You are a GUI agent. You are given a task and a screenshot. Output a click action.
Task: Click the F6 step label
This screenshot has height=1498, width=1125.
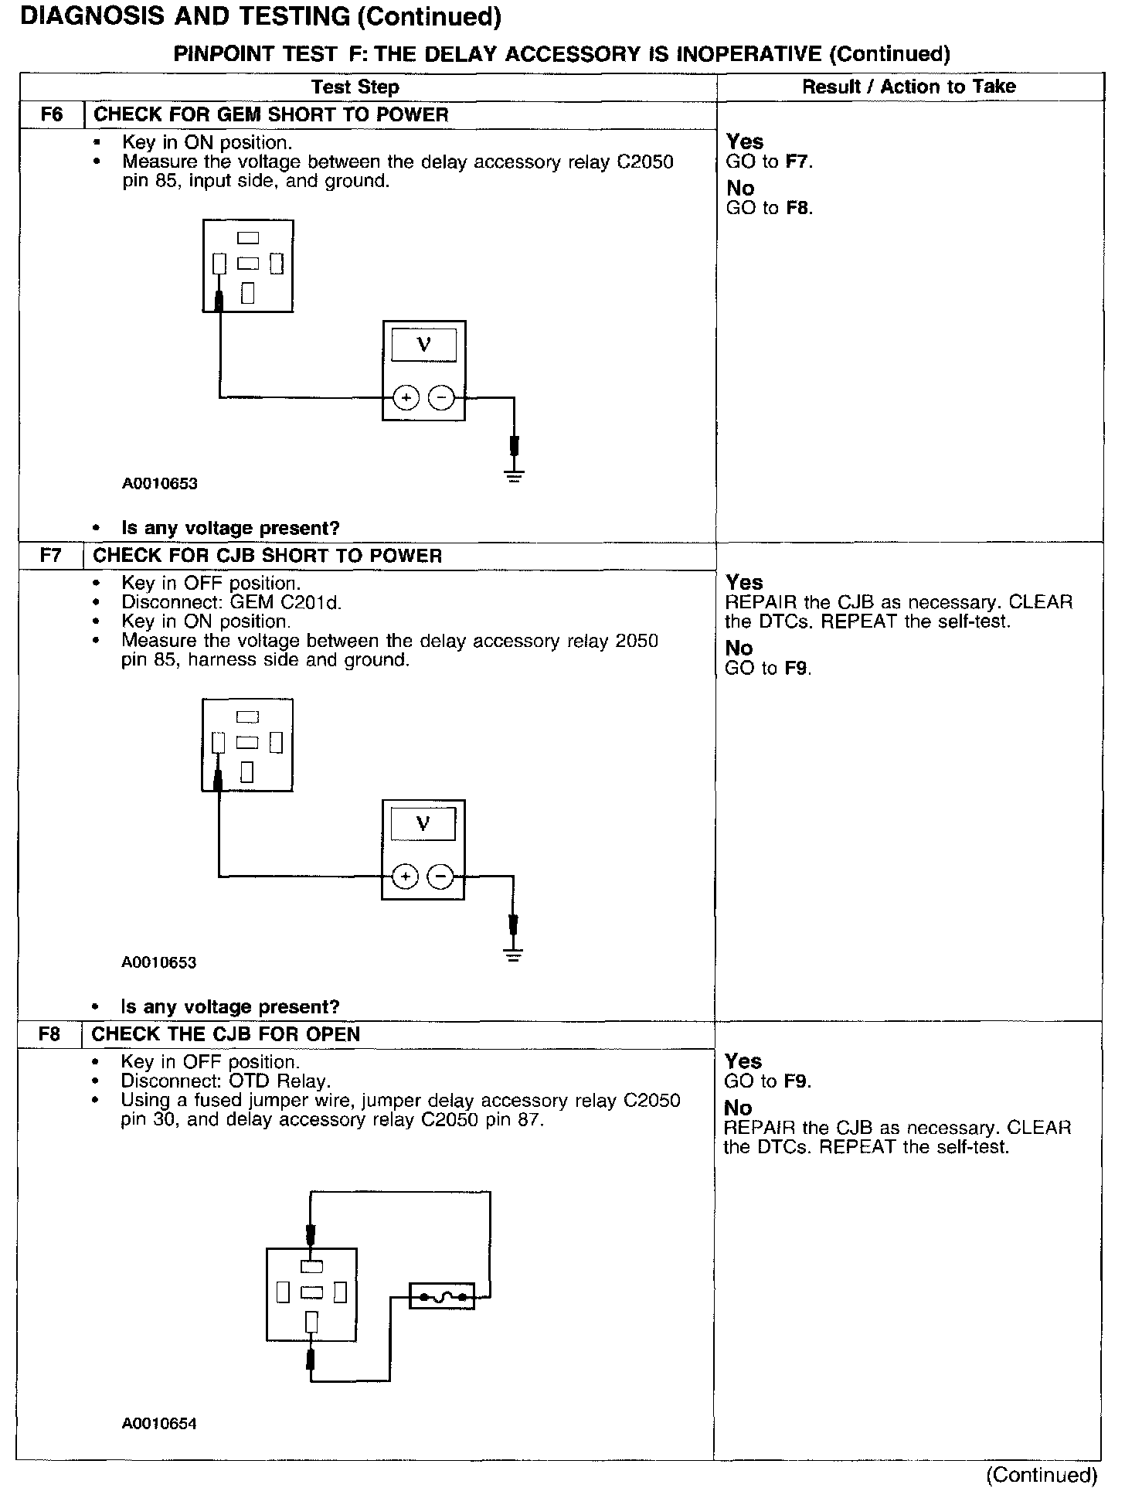pyautogui.click(x=51, y=115)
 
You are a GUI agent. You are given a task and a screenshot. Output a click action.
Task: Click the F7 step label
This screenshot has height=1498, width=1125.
pyautogui.click(x=50, y=556)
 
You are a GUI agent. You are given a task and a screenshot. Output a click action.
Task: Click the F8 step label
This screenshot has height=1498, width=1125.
pyautogui.click(x=49, y=1034)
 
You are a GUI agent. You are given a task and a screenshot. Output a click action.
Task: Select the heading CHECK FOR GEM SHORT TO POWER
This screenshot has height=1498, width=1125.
pyautogui.click(x=270, y=115)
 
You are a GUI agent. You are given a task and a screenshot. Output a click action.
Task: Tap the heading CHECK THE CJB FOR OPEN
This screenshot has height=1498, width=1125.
pyautogui.click(x=226, y=1034)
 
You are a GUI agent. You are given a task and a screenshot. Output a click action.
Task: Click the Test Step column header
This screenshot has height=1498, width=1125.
pyautogui.click(x=355, y=87)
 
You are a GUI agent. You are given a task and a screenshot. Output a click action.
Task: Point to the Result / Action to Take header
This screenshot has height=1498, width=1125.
pyautogui.click(x=909, y=87)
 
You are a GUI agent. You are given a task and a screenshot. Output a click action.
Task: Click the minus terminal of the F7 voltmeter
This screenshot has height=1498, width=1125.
pyautogui.click(x=440, y=877)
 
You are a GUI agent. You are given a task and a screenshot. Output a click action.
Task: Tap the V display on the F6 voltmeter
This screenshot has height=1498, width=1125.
pyautogui.click(x=423, y=345)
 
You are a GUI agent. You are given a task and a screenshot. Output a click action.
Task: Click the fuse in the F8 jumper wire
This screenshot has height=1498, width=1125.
pyautogui.click(x=441, y=1296)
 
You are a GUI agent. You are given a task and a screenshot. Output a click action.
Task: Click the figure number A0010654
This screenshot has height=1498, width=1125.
pyautogui.click(x=159, y=1424)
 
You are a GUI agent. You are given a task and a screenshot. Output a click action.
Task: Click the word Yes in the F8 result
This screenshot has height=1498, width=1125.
pyautogui.click(x=743, y=1061)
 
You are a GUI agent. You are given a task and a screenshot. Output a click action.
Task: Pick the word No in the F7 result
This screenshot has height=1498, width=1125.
pyautogui.click(x=739, y=649)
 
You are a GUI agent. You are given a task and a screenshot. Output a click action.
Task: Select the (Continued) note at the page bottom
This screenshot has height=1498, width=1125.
pyautogui.click(x=1041, y=1475)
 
